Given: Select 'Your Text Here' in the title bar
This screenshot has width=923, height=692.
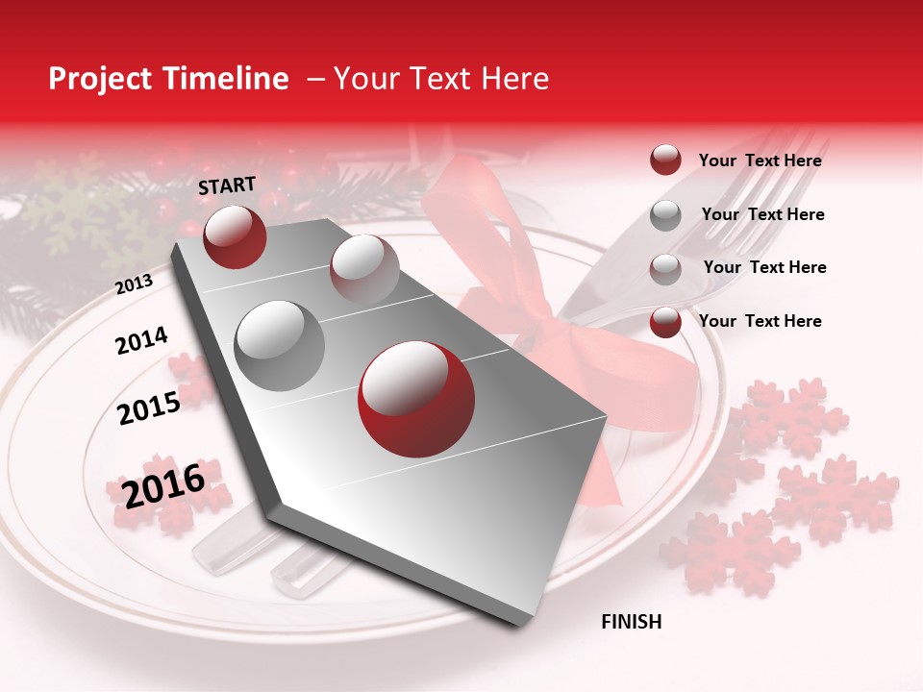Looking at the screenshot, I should (441, 79).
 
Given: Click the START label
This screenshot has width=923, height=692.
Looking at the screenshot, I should (227, 185).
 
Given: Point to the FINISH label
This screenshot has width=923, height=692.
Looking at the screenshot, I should (631, 622).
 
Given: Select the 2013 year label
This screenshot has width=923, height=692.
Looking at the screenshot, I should (134, 284).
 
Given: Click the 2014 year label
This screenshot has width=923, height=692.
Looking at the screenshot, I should (141, 341).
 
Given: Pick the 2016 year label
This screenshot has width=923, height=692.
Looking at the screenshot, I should (163, 485).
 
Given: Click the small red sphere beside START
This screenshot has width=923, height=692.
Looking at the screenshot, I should (235, 236).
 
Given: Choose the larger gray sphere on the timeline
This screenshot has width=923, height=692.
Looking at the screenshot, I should (279, 346).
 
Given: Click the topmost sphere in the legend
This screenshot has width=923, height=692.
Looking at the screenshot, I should (665, 160).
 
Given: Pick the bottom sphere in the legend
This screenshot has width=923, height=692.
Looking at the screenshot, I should (665, 322).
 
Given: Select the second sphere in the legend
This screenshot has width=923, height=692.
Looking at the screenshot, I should (665, 215).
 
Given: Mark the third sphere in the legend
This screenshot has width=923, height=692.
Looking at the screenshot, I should (665, 269).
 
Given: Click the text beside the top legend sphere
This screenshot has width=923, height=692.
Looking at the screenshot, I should (760, 161).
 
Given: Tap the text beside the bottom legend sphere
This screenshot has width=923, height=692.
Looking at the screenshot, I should (760, 321).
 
